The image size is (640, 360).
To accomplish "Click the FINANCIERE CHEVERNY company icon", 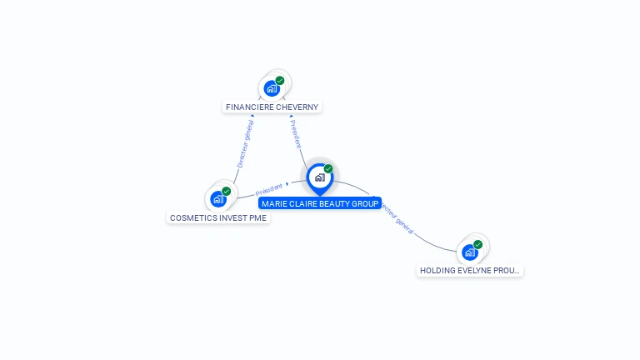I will (271, 88).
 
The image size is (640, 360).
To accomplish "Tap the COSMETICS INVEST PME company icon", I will (218, 199).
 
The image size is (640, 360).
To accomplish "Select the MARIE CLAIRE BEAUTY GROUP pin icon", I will (319, 177).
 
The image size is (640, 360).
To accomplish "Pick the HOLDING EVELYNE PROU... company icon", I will (470, 252).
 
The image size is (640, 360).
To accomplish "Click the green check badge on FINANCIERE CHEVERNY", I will (280, 81).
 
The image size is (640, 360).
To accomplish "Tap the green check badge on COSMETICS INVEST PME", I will (227, 192).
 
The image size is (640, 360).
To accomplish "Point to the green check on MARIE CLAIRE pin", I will (328, 168).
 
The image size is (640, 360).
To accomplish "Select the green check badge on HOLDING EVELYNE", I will (478, 244).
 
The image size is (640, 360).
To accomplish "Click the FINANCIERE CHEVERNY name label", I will (272, 107).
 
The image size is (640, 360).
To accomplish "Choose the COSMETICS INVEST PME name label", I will (218, 218).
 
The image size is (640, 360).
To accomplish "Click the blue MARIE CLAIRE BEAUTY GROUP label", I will (320, 203).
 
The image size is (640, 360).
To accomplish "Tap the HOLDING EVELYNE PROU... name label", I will (470, 271).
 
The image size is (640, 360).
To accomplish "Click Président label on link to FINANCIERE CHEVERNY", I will (295, 134).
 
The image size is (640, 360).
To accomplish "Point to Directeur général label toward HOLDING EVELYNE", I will (398, 219).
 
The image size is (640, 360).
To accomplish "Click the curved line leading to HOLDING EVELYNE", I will (433, 241).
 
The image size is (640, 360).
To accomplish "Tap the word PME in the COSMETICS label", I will (257, 218).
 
